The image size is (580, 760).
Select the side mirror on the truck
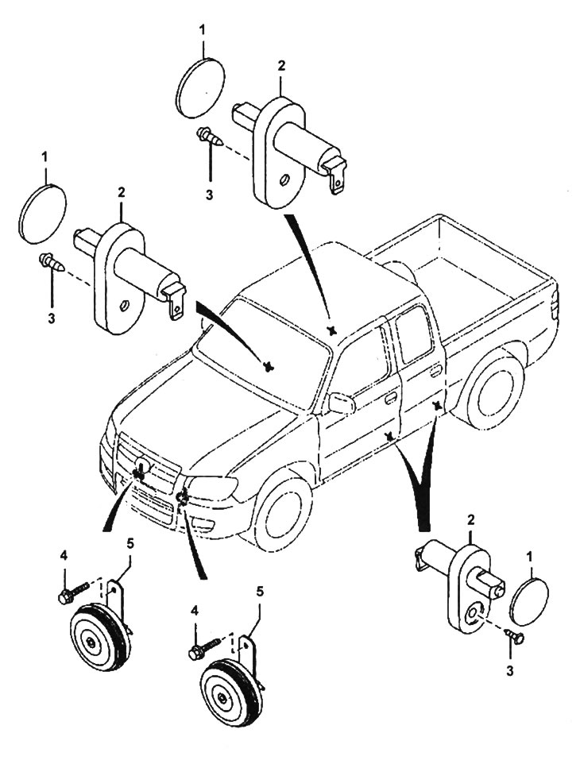tap(342, 403)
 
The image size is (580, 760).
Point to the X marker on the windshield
tap(269, 366)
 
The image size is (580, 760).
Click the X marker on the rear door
tap(436, 406)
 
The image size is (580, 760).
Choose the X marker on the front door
tap(389, 437)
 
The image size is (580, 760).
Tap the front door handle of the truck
tap(391, 397)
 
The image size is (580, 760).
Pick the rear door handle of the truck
tap(435, 371)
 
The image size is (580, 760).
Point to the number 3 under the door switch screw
tap(510, 670)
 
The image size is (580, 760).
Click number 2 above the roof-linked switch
tap(281, 64)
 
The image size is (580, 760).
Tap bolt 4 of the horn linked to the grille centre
tap(68, 596)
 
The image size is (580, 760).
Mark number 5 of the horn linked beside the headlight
tap(260, 591)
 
